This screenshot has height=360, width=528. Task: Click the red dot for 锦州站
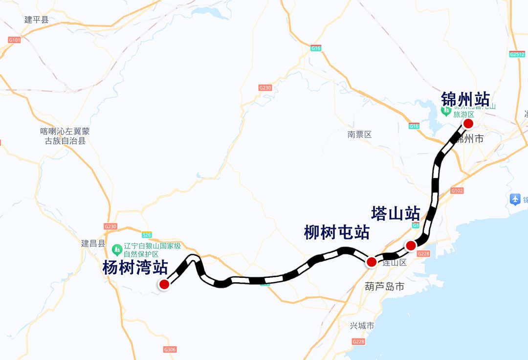tap(468, 123)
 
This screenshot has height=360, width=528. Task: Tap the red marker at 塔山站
tap(411, 245)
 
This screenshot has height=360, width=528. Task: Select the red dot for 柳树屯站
tap(372, 262)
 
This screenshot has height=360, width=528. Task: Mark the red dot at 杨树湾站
tap(164, 284)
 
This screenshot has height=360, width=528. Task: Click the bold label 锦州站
tap(465, 99)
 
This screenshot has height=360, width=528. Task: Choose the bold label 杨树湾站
tap(135, 268)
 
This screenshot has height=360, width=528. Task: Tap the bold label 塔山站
tap(396, 214)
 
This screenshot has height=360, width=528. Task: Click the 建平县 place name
tap(37, 20)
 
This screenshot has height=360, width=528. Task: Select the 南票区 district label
tap(360, 135)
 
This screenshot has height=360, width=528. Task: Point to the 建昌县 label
tap(93, 244)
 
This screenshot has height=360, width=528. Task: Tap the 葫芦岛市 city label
tap(385, 287)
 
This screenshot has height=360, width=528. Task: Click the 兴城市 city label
tap(362, 326)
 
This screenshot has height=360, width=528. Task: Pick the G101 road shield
tap(14, 40)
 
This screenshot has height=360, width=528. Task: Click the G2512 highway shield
tap(517, 54)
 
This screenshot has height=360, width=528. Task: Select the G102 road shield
tap(457, 190)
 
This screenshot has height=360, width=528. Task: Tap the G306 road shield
tap(170, 349)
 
